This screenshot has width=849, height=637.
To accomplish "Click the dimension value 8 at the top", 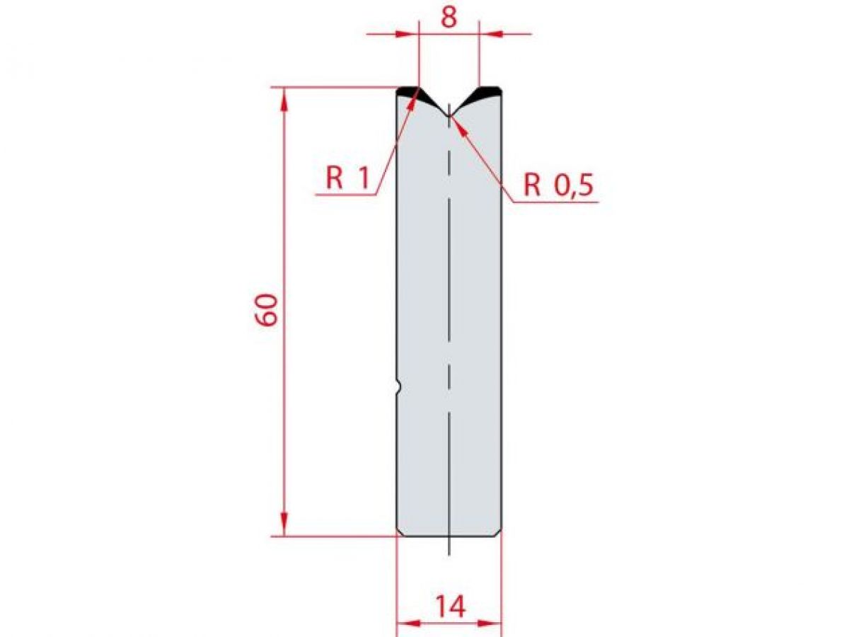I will click(x=449, y=17).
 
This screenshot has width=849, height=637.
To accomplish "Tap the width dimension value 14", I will click(x=449, y=607).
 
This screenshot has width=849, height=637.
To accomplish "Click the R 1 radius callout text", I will click(x=347, y=178).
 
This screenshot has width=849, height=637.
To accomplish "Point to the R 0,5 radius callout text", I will click(x=558, y=185).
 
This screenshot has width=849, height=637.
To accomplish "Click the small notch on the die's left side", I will click(x=398, y=386).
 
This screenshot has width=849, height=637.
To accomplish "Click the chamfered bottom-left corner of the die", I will click(x=399, y=532).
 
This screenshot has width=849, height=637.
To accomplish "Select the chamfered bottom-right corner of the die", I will click(x=499, y=532).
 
